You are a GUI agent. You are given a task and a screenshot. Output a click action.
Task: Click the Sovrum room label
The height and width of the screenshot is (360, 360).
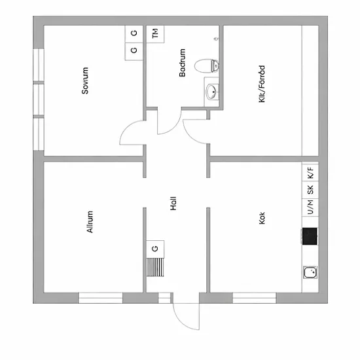click(x=85, y=81)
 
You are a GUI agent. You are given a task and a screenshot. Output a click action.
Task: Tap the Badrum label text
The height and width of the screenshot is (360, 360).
click(x=182, y=62)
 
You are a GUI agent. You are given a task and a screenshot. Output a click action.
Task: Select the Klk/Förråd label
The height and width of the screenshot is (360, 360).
click(x=262, y=84)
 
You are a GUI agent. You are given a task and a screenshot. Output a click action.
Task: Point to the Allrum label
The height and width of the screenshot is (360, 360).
click(x=90, y=222)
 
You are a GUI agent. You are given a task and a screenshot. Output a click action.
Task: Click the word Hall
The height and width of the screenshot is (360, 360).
click(x=173, y=204)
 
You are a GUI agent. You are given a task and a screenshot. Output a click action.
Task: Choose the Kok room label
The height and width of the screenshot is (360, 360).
click(x=262, y=218)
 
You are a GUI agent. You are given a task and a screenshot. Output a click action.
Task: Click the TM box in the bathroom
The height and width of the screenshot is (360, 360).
click(x=155, y=34)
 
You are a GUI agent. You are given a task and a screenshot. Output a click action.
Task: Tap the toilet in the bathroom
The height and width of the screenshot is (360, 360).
click(x=206, y=66)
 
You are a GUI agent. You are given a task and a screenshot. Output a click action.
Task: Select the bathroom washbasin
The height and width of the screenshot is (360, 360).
click(x=212, y=92)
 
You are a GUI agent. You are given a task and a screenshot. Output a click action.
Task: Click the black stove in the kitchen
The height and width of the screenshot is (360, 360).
click(x=310, y=236)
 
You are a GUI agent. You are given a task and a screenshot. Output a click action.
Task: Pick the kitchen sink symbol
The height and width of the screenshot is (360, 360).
click(x=310, y=272)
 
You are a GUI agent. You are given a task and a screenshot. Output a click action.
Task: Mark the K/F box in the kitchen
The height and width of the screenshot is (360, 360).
click(x=310, y=173)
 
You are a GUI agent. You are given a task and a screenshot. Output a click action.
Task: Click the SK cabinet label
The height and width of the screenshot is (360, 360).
click(x=310, y=190)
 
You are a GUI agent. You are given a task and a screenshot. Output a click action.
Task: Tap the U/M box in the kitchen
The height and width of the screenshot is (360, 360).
click(x=310, y=207)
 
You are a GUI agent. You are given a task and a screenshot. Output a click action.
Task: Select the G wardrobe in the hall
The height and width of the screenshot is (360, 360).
click(x=155, y=249)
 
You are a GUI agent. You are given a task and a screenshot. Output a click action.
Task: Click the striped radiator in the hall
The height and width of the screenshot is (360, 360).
click(x=155, y=267)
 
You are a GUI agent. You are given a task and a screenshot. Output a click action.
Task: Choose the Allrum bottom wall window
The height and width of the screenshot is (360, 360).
click(x=101, y=298)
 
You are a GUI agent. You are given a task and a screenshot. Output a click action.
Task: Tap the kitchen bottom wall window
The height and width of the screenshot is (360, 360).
click(x=255, y=298)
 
